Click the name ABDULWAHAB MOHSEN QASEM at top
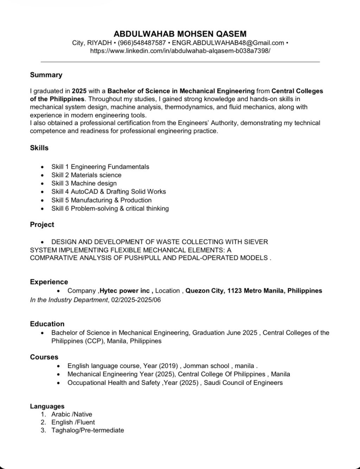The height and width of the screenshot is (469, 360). coord(180,34)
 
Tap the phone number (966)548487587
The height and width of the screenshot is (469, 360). coord(142,43)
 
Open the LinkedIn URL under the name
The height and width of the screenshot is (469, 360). coord(180,51)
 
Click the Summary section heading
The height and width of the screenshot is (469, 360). coord(46,75)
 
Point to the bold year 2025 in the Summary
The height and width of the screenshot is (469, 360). coord(79,91)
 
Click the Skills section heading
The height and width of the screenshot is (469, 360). coord(39,148)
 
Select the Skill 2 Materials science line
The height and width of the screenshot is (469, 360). coord(86,175)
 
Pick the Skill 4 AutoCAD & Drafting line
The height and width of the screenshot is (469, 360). coord(108,192)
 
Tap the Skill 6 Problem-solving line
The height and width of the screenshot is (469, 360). coord(110,208)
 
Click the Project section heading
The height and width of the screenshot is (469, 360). coord(42,225)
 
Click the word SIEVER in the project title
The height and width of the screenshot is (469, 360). coord(256,242)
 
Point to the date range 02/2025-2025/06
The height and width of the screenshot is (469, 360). coord(136,300)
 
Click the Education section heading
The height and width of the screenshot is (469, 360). coord(47,324)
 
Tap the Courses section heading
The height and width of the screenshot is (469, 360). coord(44,357)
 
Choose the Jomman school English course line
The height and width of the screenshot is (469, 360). coord(162,366)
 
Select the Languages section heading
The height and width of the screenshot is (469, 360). coord(47,406)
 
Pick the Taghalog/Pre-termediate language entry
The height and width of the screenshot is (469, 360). coord(88,430)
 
